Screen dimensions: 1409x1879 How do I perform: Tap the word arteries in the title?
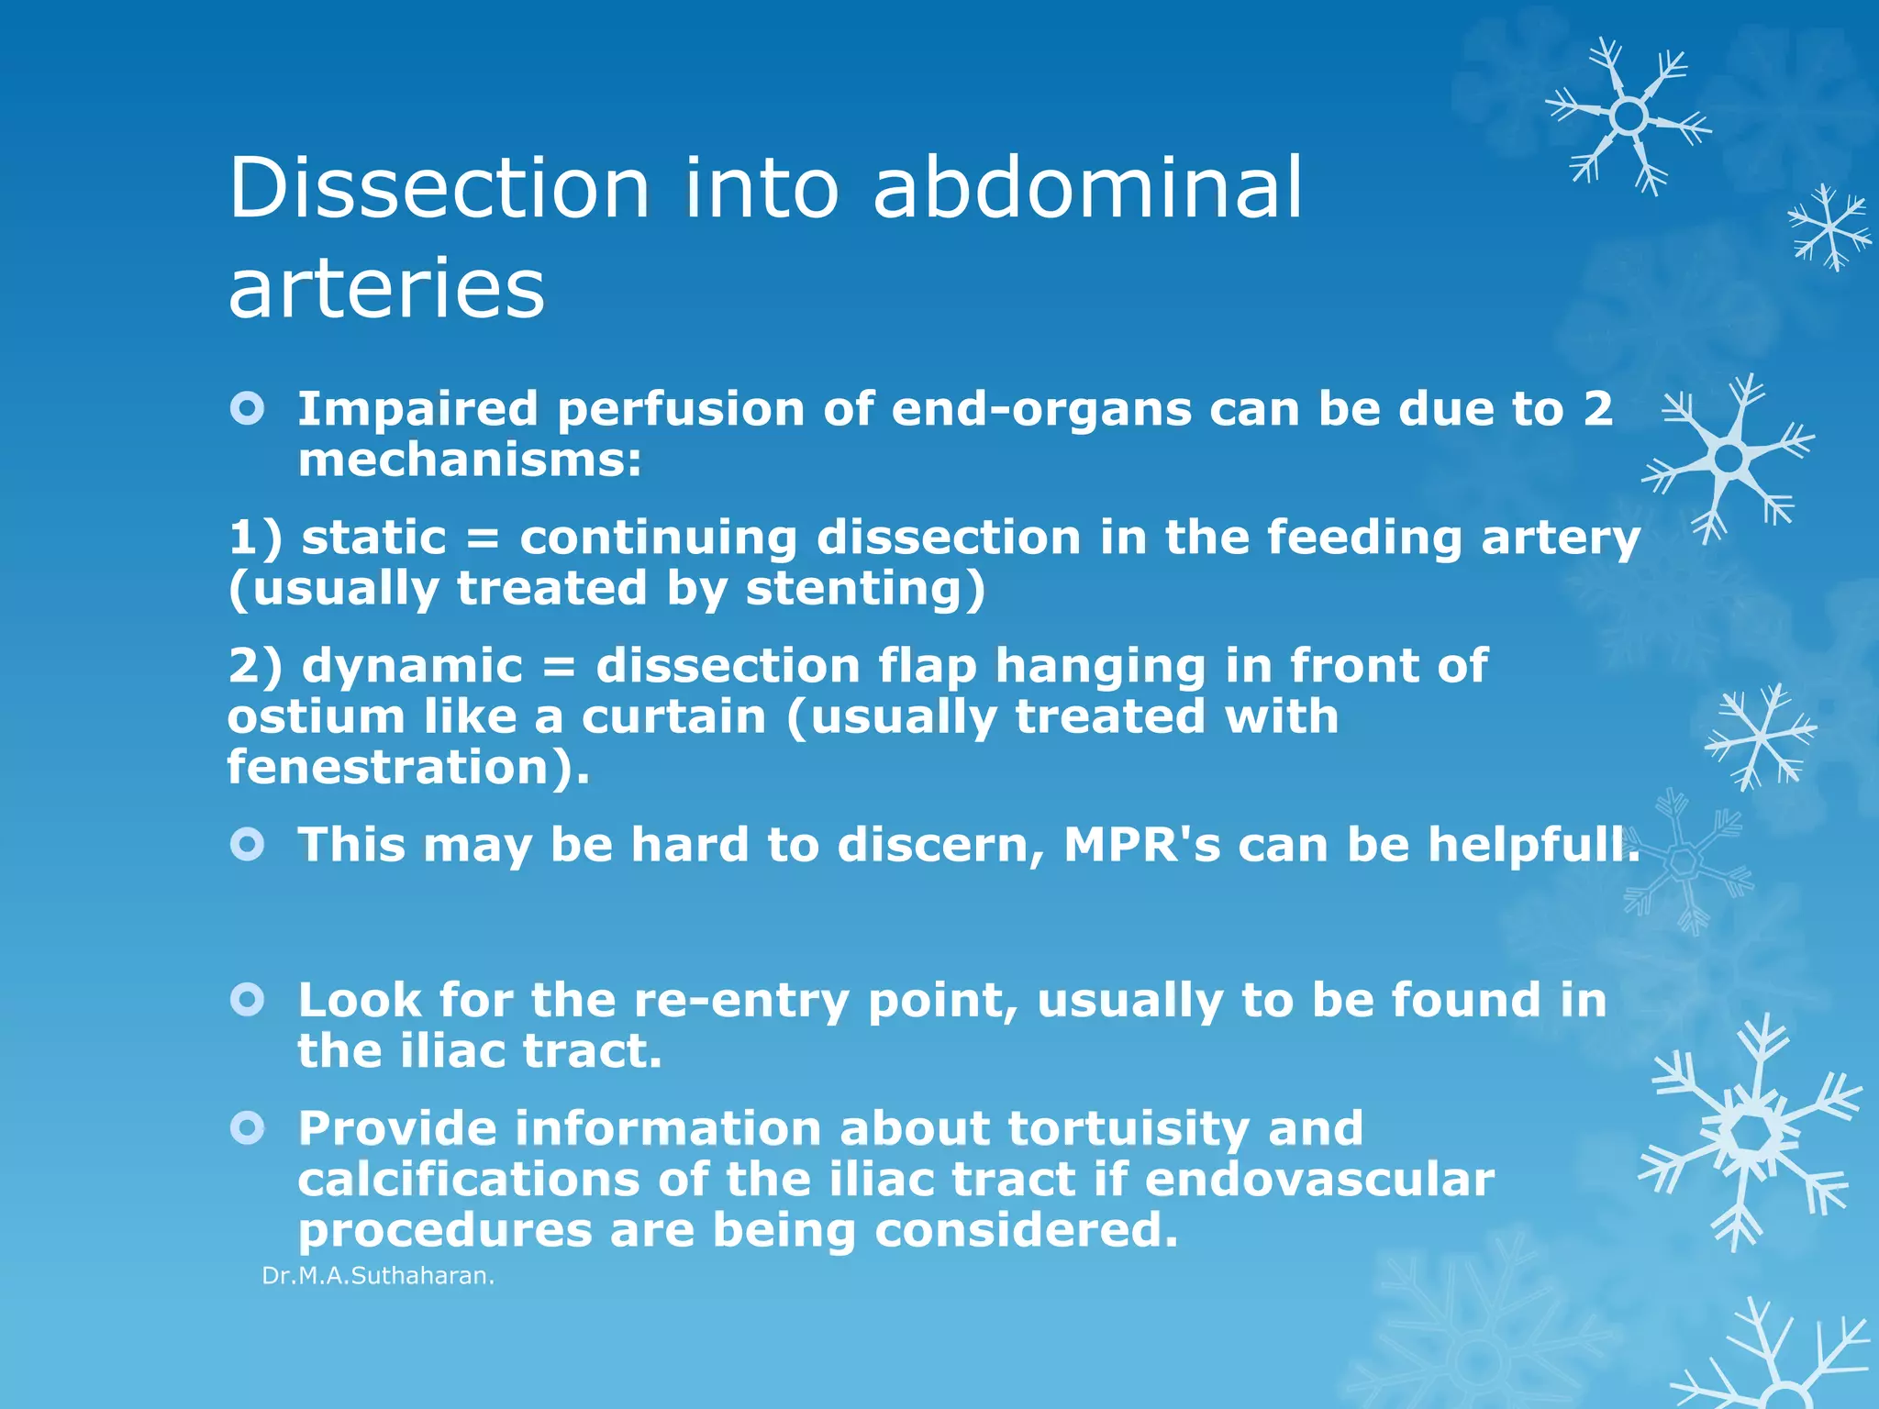point(386,288)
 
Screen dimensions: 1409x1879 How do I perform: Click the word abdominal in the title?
point(1086,188)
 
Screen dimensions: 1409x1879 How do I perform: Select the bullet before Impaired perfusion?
point(248,408)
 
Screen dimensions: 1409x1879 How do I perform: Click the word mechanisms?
point(469,460)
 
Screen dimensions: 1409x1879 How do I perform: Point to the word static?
point(373,537)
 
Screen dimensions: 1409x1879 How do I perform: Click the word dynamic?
point(412,665)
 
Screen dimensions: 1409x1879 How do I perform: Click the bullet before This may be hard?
point(248,844)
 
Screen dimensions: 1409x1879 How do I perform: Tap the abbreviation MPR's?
point(1141,844)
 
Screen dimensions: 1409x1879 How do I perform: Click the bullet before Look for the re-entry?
point(248,999)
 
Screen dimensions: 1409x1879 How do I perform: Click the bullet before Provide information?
point(248,1127)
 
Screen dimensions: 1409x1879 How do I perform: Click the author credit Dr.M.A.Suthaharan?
point(378,1276)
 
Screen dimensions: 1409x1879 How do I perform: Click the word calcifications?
point(468,1179)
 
